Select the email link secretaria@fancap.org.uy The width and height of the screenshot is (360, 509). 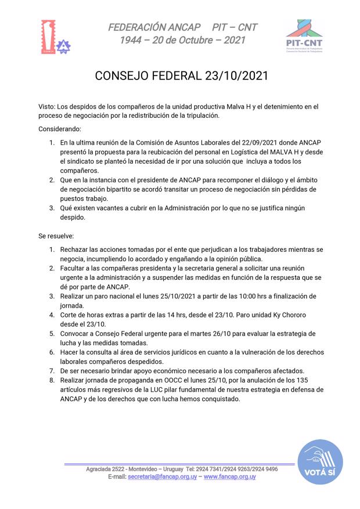click(x=162, y=476)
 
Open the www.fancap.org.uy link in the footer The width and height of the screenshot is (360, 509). click(x=229, y=476)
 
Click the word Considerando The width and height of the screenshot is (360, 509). click(x=60, y=128)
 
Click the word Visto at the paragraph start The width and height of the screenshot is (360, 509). click(x=46, y=107)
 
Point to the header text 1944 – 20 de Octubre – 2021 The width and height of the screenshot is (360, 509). click(x=182, y=40)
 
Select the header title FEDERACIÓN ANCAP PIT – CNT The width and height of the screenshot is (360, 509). click(x=182, y=27)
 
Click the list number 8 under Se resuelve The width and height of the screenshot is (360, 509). click(x=52, y=380)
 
